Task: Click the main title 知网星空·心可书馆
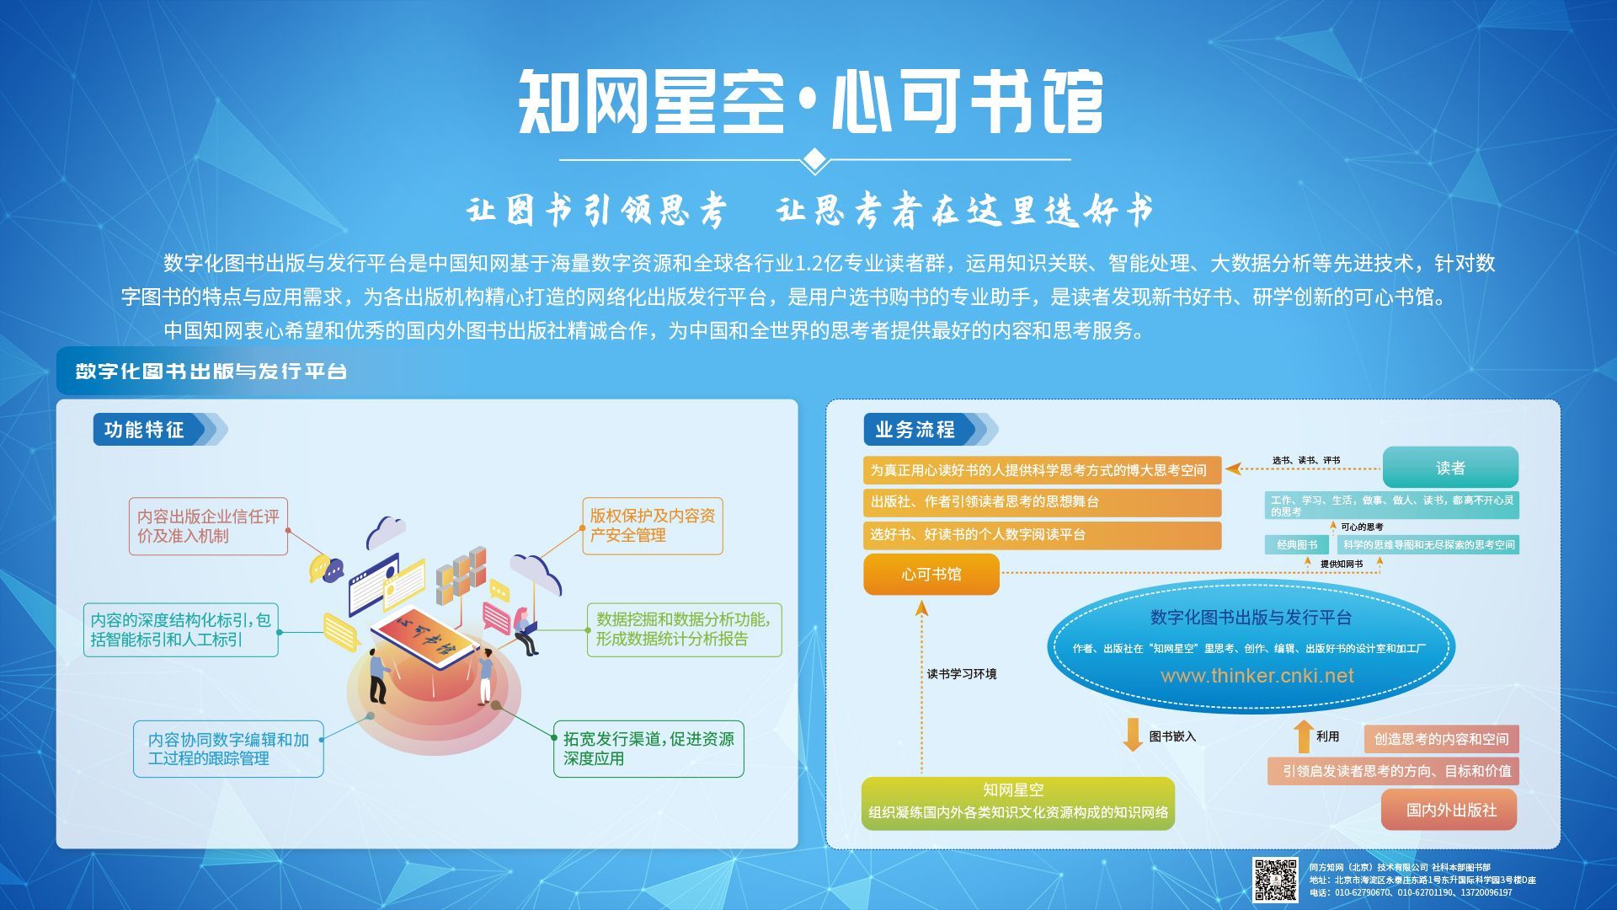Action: click(810, 102)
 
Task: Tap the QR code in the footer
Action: click(1275, 880)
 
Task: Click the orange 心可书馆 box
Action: click(931, 575)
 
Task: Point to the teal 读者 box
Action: click(1450, 468)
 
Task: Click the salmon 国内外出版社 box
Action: click(1449, 810)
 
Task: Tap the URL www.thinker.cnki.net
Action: click(1257, 676)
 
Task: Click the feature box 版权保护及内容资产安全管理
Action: click(653, 526)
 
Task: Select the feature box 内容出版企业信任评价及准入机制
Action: click(208, 526)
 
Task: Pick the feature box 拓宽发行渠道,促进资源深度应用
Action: click(648, 748)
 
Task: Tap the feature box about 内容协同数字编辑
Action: click(228, 748)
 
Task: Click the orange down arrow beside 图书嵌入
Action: click(1133, 735)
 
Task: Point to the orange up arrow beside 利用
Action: click(1304, 736)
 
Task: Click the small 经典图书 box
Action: click(1297, 545)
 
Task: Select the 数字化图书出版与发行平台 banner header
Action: click(211, 372)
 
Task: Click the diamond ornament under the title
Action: click(814, 159)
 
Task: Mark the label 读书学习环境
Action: click(962, 674)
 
